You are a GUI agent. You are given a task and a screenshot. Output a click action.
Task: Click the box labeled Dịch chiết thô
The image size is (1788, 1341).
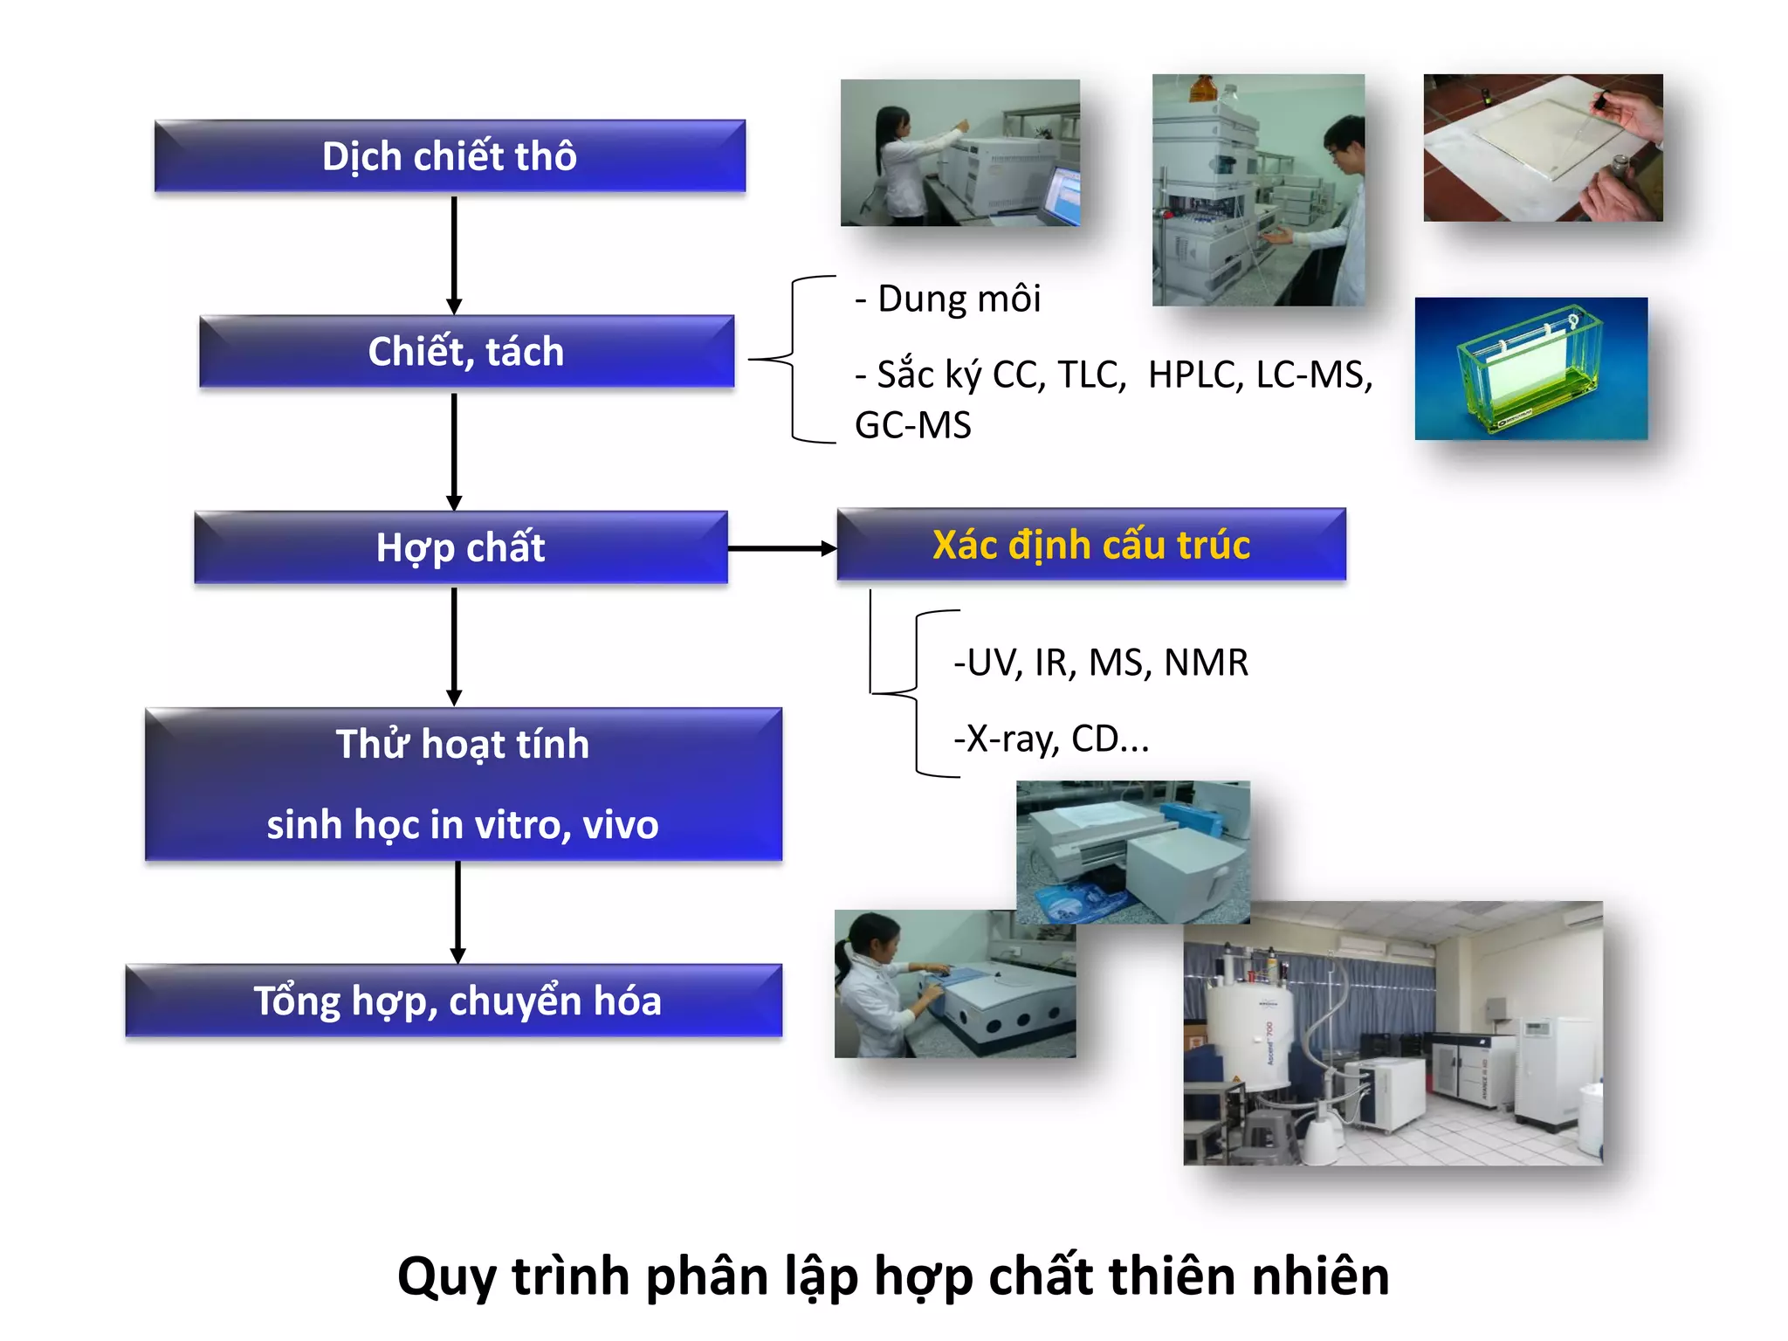[x=450, y=156]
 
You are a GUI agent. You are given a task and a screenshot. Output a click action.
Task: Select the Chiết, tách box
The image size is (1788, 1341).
[x=466, y=352]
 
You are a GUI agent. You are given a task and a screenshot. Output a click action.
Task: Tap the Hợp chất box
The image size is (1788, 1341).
[x=460, y=547]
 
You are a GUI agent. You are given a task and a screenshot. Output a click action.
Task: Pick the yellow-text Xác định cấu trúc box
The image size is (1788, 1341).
[x=1091, y=545]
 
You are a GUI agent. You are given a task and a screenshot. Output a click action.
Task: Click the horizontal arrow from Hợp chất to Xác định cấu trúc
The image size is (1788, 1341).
[x=781, y=548]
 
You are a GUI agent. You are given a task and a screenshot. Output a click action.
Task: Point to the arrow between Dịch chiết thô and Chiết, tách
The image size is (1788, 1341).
[x=454, y=253]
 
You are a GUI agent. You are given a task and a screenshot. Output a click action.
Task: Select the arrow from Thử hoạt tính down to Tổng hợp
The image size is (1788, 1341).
[x=457, y=912]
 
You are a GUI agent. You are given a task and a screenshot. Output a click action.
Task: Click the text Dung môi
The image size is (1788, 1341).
[x=959, y=299]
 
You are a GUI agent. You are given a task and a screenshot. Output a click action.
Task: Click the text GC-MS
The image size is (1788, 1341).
[x=912, y=426]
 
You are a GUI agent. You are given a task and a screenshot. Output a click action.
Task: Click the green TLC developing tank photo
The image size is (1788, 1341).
[x=1530, y=368]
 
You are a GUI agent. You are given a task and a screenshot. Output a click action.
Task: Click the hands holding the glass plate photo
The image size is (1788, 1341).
[x=1543, y=147]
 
